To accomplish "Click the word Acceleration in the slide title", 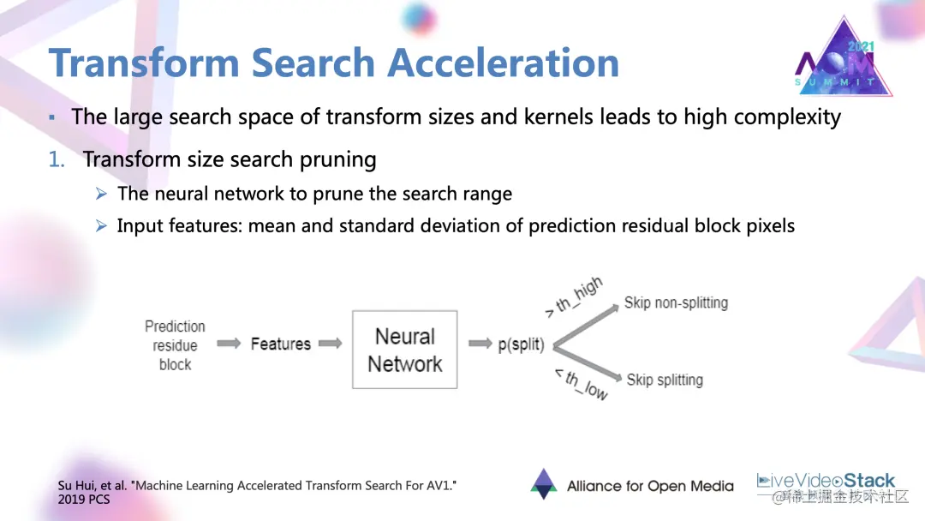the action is (504, 63).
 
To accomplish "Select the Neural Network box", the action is (404, 350).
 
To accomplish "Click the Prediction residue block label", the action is (175, 345).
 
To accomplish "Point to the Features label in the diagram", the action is (280, 344).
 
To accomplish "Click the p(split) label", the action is (521, 344).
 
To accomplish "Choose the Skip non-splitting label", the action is (676, 302).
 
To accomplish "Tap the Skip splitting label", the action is (665, 380).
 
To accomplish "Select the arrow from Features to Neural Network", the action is (330, 344).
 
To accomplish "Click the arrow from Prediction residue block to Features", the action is (229, 344).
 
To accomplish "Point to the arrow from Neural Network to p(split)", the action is (480, 344).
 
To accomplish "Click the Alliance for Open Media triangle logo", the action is (544, 484).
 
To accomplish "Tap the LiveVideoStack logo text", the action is (827, 481).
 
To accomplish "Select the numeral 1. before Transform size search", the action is (57, 159).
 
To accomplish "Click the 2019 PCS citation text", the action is (84, 499).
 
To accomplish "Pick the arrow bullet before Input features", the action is (101, 226).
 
